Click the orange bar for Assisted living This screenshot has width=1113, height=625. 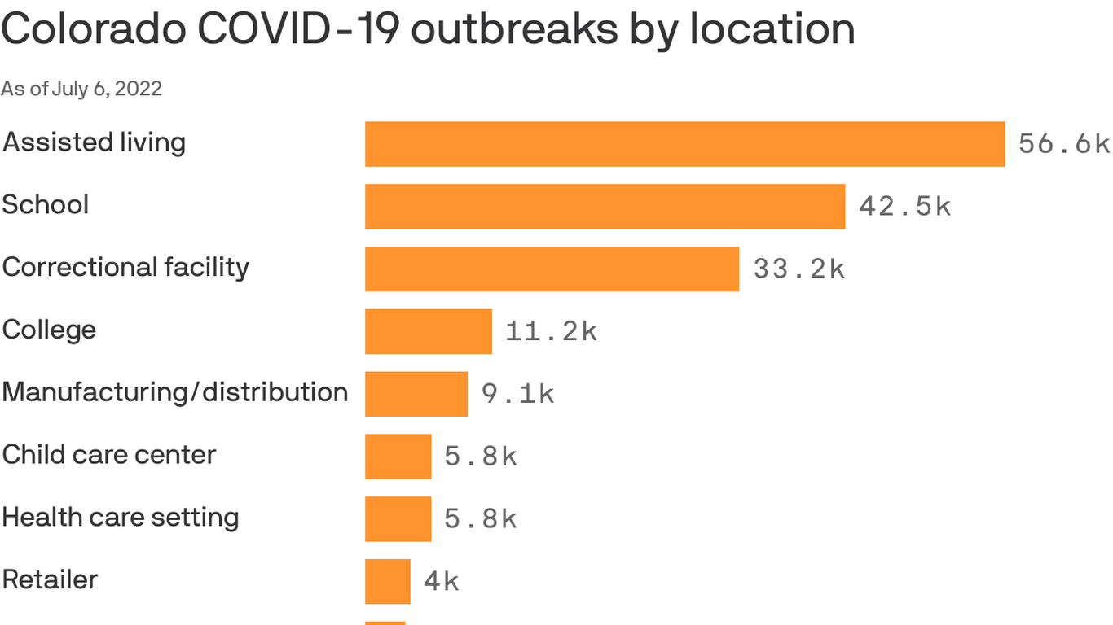tap(684, 144)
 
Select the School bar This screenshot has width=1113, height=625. tap(605, 207)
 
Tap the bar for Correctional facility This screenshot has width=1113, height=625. tap(552, 269)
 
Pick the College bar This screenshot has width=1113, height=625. tap(429, 331)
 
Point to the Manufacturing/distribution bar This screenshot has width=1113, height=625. tap(416, 394)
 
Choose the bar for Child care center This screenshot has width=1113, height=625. tap(398, 457)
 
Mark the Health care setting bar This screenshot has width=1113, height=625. tap(398, 519)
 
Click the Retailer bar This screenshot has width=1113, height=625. tap(387, 581)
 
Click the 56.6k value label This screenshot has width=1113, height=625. tap(1064, 144)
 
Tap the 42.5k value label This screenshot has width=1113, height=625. tap(904, 207)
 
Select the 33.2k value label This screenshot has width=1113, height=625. tap(798, 269)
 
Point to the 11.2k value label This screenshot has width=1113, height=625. tap(552, 331)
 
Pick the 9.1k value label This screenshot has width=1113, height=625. tap(517, 394)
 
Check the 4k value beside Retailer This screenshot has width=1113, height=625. tap(441, 581)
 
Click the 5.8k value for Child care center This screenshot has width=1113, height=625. tap(481, 457)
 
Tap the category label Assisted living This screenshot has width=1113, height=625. tap(95, 142)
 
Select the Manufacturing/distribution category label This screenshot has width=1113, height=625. tap(175, 392)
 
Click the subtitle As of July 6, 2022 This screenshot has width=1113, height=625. tap(81, 89)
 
